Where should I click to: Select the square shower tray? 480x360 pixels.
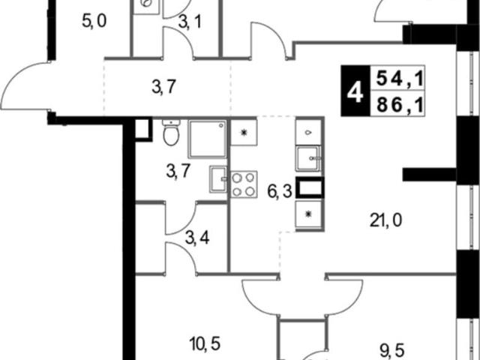(208, 139)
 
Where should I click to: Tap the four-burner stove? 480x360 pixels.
(244, 184)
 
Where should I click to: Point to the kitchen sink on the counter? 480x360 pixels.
(308, 158)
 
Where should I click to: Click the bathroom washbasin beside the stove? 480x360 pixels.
(218, 179)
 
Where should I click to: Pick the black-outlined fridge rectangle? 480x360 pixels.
(310, 187)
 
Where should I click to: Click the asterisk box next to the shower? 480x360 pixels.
(244, 132)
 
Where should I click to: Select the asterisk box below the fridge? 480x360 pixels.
(308, 214)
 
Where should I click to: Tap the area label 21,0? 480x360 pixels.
(385, 220)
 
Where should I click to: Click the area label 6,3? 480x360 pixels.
(280, 192)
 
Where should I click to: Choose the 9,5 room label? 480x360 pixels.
(392, 350)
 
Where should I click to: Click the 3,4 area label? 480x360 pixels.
(197, 238)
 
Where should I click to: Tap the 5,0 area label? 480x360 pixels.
(94, 22)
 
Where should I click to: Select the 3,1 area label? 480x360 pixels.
(190, 22)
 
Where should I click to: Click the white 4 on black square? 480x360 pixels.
(355, 91)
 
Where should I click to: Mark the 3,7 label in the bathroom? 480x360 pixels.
(178, 171)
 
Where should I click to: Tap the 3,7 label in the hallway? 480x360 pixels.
(163, 87)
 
